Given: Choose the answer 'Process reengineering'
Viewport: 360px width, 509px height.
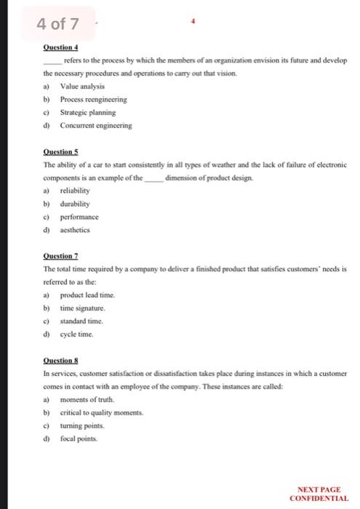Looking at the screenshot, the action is click(x=93, y=100).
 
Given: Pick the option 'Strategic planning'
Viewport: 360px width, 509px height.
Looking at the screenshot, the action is click(x=87, y=113).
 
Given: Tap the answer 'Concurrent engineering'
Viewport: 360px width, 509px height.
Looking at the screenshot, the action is click(x=95, y=126).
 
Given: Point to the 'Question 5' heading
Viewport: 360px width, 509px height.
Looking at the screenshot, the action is click(x=60, y=153).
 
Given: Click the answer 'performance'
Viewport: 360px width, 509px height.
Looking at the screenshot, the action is click(x=80, y=217).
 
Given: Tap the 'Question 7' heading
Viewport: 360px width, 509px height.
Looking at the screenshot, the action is click(x=60, y=257).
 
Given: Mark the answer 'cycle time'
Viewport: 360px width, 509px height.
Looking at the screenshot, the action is click(x=77, y=334).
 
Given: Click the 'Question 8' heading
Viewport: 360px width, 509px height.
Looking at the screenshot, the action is click(x=60, y=361).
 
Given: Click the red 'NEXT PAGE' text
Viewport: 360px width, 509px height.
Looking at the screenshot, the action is click(x=319, y=490).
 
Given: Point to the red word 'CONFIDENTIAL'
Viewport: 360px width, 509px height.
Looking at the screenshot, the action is click(x=319, y=498).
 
